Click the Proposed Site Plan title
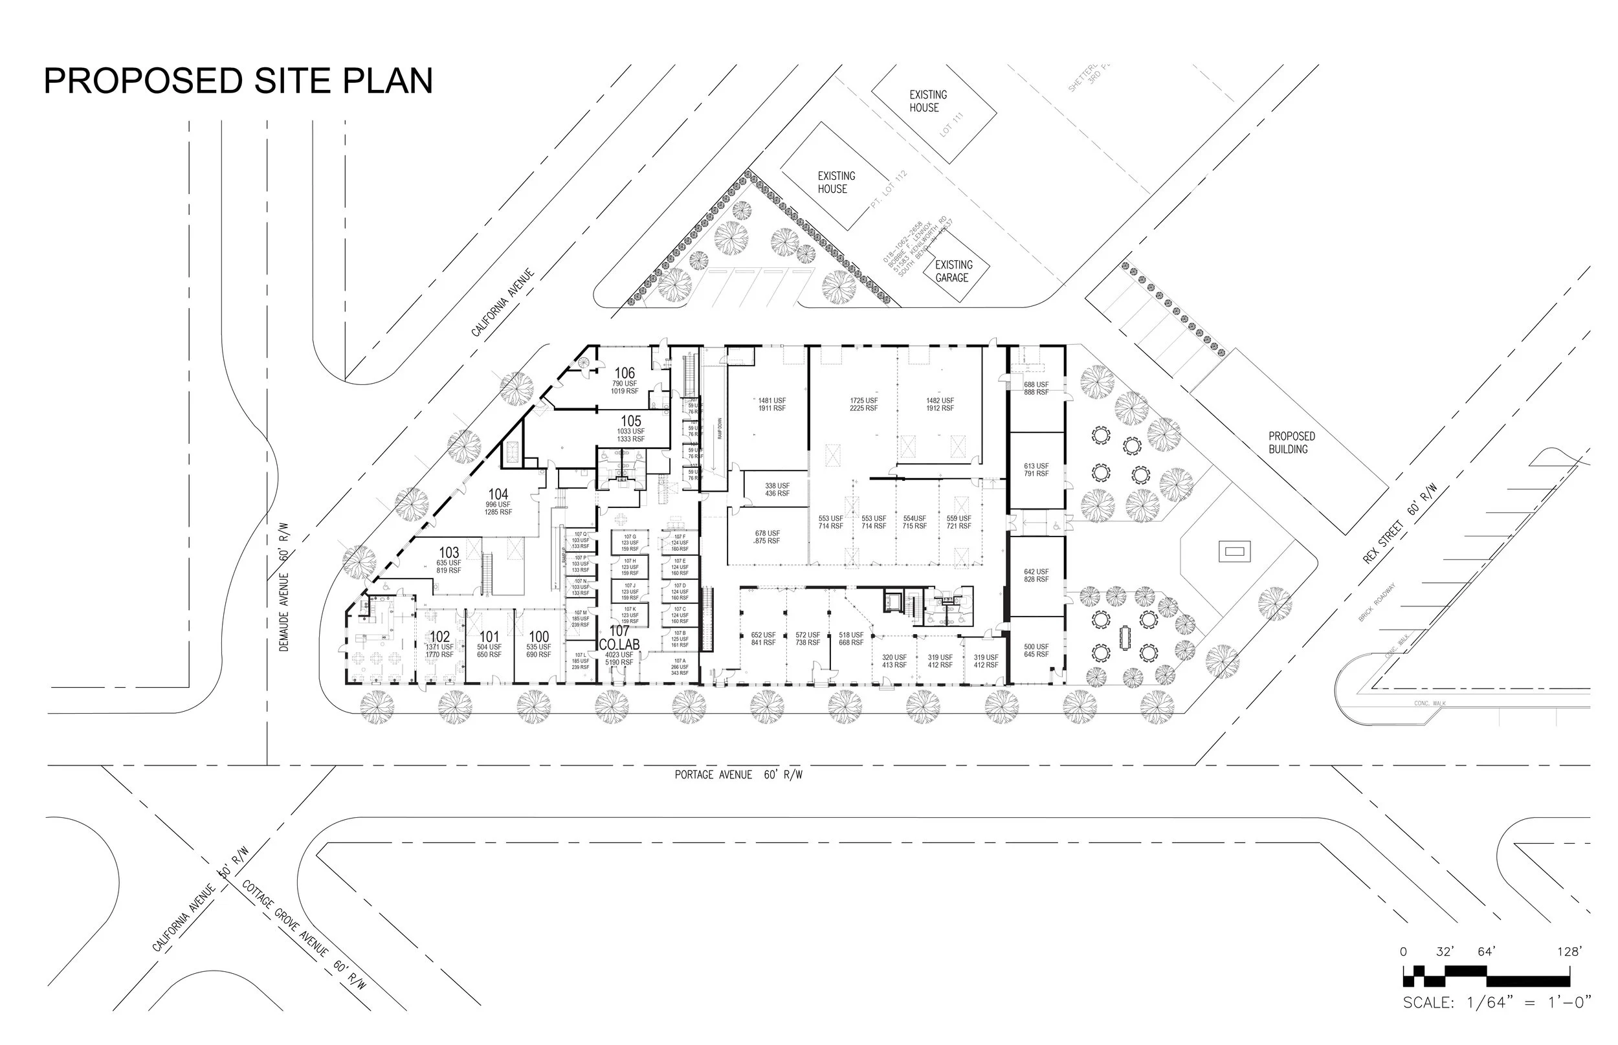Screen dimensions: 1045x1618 tap(238, 81)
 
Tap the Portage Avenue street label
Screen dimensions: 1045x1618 tap(738, 775)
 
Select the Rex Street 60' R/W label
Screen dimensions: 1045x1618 tap(1399, 524)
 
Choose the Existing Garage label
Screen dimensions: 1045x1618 tap(953, 271)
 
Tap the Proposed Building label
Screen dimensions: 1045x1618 tap(1292, 443)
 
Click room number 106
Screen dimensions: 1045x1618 tap(625, 373)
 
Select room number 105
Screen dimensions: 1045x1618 tap(630, 421)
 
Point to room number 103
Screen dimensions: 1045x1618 tap(449, 553)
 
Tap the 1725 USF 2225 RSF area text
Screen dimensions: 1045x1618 tap(863, 404)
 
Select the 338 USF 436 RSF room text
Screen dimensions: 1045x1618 tap(777, 489)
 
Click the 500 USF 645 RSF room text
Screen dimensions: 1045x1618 tap(1036, 650)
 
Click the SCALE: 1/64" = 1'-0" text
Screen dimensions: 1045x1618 tap(1496, 1002)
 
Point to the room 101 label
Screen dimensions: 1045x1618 tap(489, 637)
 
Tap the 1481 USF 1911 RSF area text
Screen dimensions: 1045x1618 tap(771, 404)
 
